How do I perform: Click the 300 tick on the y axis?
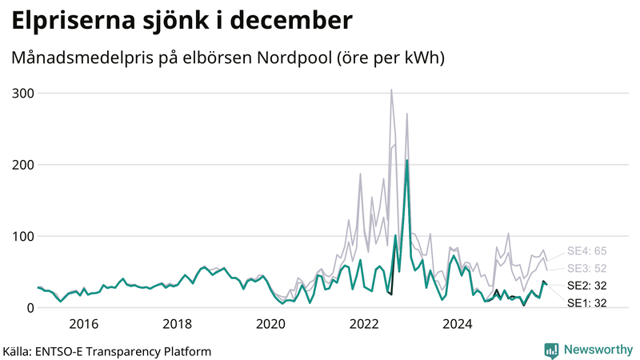[x=22, y=94]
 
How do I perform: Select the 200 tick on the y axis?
[x=22, y=165]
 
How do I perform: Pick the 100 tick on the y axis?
[x=22, y=237]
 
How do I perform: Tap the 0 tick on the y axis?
[x=29, y=308]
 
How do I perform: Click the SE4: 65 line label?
[x=586, y=250]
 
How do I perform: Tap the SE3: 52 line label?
[x=586, y=268]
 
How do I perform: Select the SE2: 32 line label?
[x=586, y=286]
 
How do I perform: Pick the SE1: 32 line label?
[x=586, y=303]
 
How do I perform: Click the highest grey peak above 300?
[x=391, y=90]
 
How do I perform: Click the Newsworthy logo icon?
[x=551, y=350]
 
